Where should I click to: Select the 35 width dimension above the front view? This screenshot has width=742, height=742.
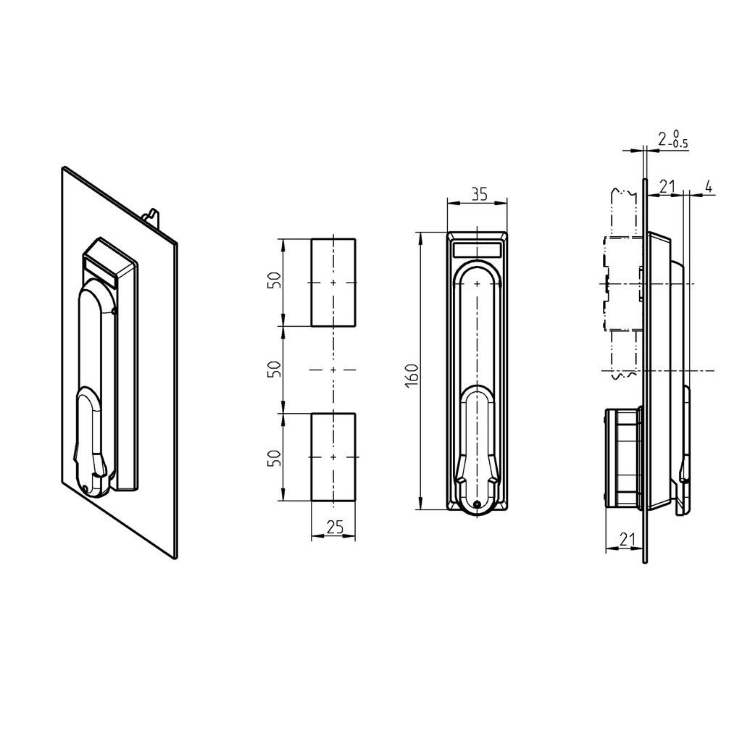point(478,194)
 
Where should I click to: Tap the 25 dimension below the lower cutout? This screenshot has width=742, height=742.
point(334,528)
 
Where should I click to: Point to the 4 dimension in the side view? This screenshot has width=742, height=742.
point(708,187)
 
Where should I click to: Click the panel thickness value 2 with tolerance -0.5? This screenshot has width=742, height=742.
point(671,139)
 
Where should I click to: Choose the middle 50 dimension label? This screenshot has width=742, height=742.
point(274,370)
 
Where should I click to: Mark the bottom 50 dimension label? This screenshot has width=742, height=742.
point(274,457)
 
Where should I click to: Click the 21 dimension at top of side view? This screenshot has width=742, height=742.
point(667,187)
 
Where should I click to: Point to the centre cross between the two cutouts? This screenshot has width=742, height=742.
point(333,370)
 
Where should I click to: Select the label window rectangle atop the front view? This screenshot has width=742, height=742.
point(477,250)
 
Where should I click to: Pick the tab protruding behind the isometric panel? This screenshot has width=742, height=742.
point(152,215)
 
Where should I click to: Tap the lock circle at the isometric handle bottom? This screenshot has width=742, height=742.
point(87,488)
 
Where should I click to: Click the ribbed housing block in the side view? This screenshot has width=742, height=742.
point(622,457)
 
